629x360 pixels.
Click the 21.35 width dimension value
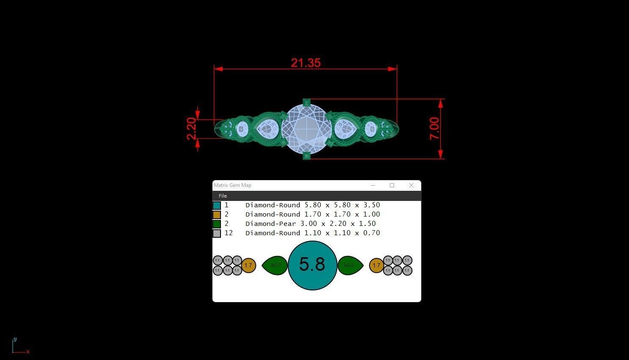pyautogui.click(x=306, y=63)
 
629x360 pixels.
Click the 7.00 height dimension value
pyautogui.click(x=435, y=129)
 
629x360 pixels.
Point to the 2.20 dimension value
pyautogui.click(x=192, y=129)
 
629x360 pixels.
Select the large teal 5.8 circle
pyautogui.click(x=312, y=265)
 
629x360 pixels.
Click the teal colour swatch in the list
pyautogui.click(x=217, y=205)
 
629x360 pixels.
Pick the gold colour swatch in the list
pyautogui.click(x=217, y=214)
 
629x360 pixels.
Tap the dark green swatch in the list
pyautogui.click(x=217, y=224)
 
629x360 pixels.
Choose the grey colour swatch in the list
pyautogui.click(x=217, y=233)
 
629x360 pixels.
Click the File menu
pyautogui.click(x=223, y=196)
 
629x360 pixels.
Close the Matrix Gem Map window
pyautogui.click(x=411, y=185)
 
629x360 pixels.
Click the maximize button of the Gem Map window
pyautogui.click(x=392, y=185)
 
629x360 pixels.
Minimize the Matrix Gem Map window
pyautogui.click(x=373, y=185)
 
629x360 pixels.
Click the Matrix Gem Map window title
pyautogui.click(x=232, y=185)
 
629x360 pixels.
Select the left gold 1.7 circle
pyautogui.click(x=248, y=266)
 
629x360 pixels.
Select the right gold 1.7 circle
pyautogui.click(x=376, y=266)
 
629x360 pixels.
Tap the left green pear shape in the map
pyautogui.click(x=275, y=265)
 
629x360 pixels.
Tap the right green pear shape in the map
pyautogui.click(x=350, y=265)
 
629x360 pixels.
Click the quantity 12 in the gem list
pyautogui.click(x=229, y=233)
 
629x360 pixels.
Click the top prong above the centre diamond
pyautogui.click(x=307, y=102)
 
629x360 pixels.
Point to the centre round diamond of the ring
pyautogui.click(x=306, y=129)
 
